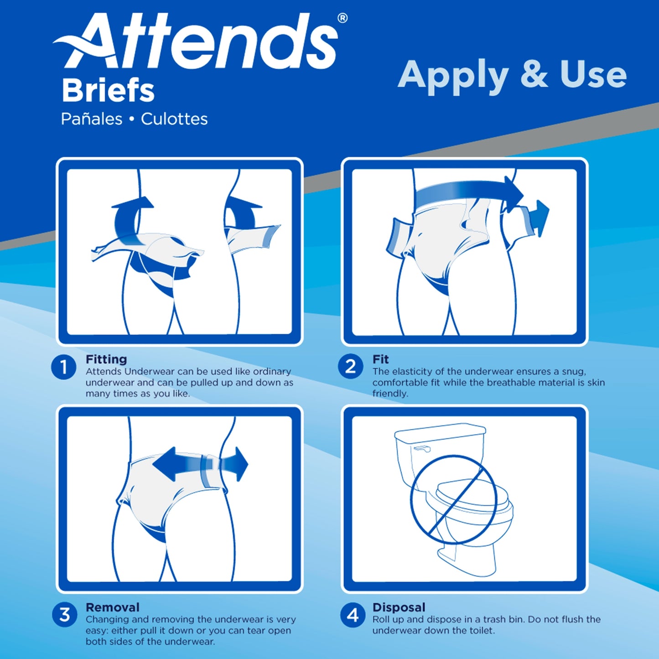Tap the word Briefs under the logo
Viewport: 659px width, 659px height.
pos(108,91)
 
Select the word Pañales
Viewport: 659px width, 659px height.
pos(92,119)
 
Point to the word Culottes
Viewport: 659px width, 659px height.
pos(174,119)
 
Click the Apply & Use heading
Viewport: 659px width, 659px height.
pos(512,75)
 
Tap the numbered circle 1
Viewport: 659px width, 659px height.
pos(64,367)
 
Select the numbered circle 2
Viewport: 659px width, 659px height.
pos(350,367)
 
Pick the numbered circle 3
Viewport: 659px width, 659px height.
pos(65,614)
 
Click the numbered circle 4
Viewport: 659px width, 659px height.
pos(353,615)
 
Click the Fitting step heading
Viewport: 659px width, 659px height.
pos(106,359)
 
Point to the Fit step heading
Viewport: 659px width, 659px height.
pos(380,359)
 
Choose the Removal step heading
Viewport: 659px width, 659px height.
pos(113,607)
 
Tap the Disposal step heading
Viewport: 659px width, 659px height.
pos(399,607)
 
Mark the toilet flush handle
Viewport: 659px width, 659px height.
pos(421,450)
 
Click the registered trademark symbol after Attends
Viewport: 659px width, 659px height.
pos(342,18)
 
